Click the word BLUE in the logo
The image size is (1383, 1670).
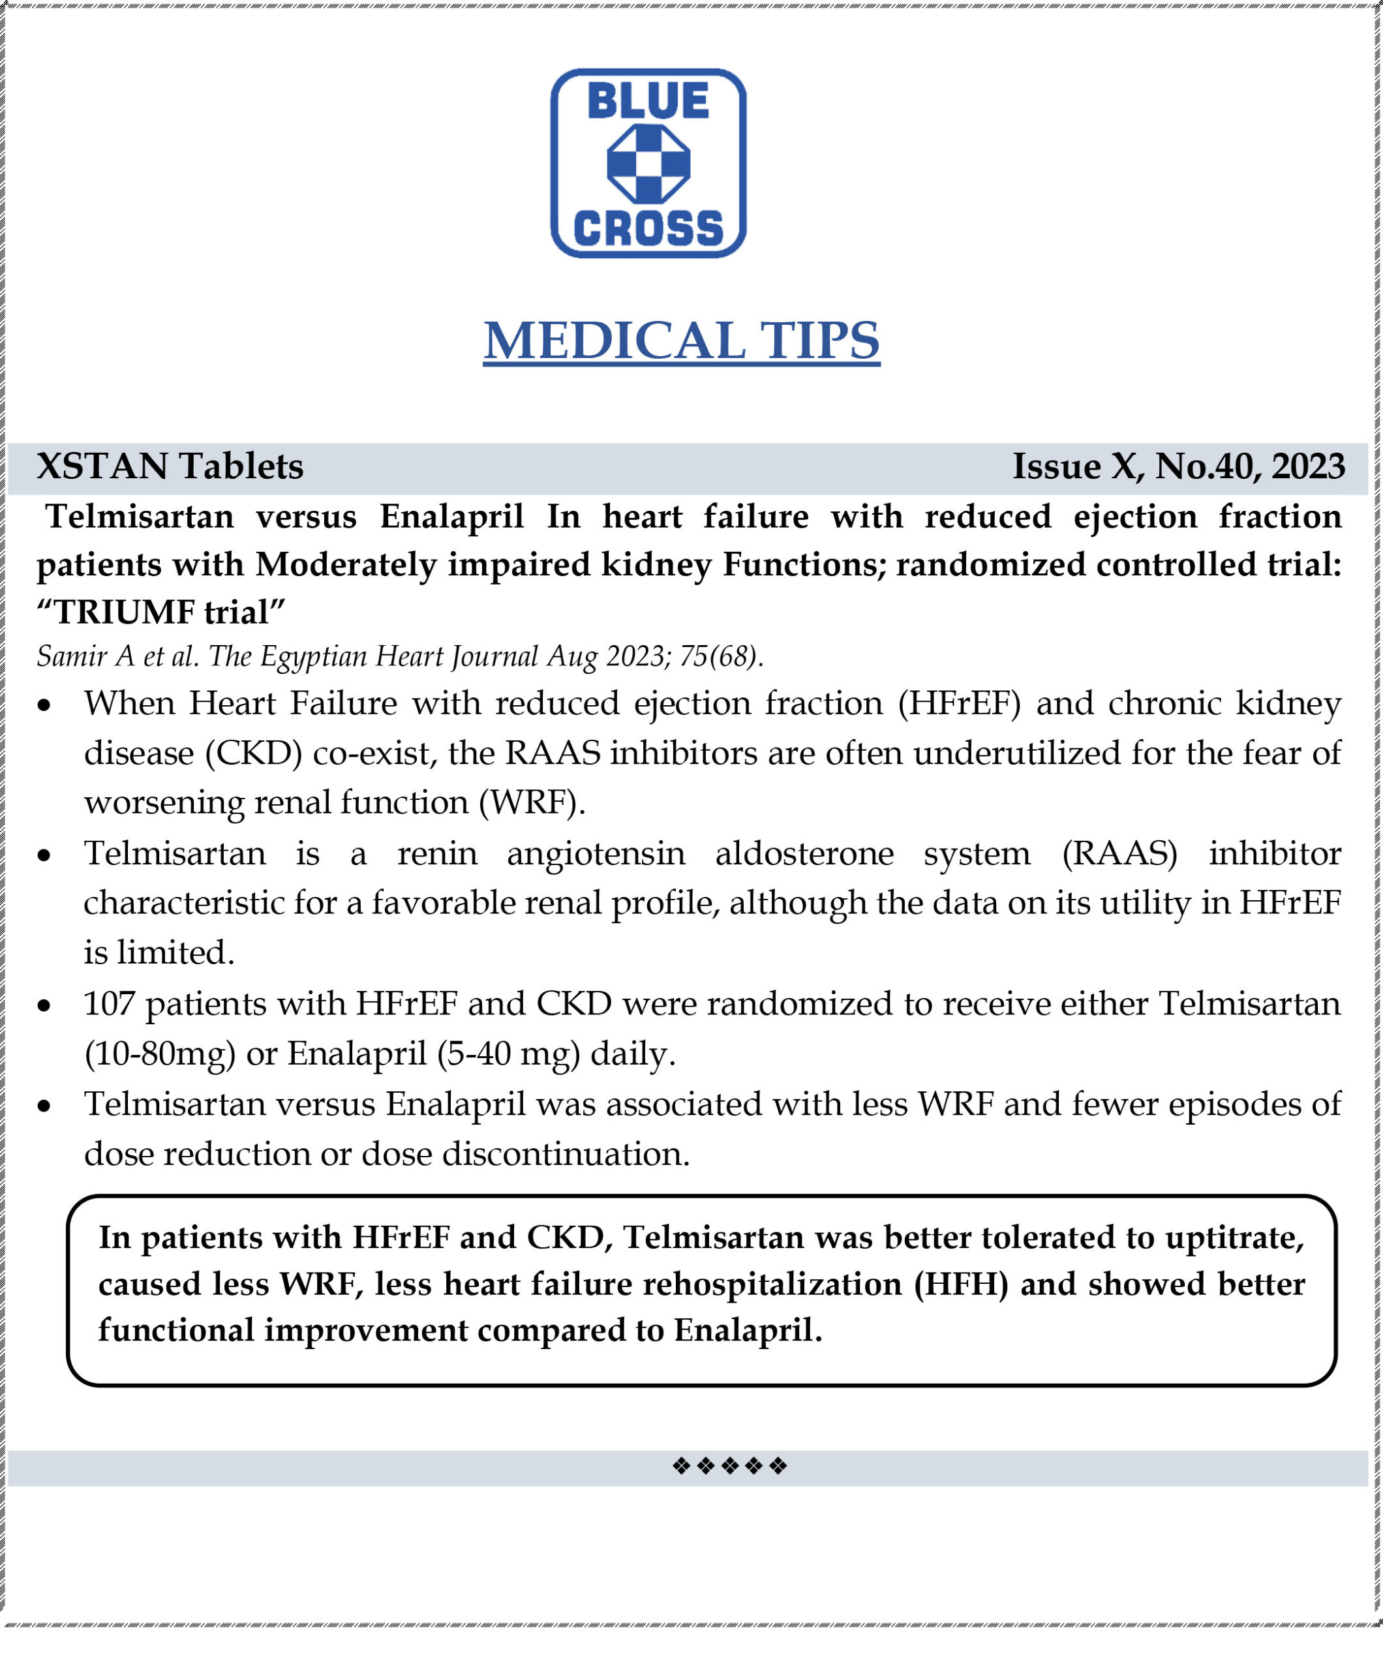648,101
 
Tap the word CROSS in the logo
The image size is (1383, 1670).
648,228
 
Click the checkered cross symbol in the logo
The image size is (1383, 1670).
648,164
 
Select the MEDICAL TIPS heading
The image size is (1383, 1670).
682,341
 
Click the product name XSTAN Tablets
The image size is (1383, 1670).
170,466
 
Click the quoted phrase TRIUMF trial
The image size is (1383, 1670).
161,613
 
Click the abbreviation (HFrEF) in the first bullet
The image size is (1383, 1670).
959,704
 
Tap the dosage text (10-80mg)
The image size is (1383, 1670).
160,1054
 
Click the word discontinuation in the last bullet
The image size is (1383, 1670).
566,1154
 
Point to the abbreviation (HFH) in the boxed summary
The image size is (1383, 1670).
961,1284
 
